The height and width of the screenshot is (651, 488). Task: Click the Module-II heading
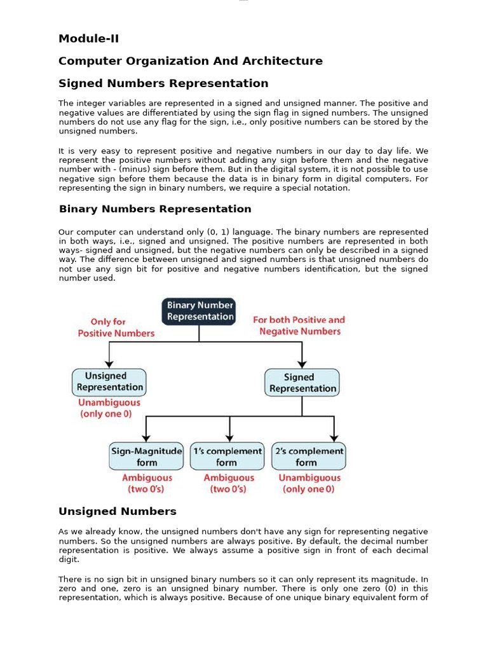tap(88, 39)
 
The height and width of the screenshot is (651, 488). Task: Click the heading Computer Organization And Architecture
tap(190, 61)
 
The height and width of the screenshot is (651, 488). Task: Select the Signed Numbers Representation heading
tap(163, 83)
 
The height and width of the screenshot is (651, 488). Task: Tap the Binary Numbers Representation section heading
tap(155, 209)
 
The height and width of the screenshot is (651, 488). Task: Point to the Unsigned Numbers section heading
tap(117, 511)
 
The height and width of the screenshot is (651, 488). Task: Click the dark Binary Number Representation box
tap(199, 312)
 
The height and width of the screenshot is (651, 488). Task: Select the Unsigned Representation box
tap(109, 382)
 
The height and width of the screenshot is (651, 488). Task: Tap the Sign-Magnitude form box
tap(147, 456)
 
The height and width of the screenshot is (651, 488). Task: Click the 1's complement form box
tap(227, 456)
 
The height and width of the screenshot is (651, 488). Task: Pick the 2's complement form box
tap(309, 456)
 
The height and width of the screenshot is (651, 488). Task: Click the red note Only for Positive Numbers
tap(116, 327)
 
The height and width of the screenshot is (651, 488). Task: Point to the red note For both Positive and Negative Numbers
tap(299, 325)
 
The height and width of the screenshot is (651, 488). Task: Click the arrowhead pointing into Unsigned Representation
tap(109, 364)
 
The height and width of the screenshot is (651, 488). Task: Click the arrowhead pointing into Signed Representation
tap(303, 364)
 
